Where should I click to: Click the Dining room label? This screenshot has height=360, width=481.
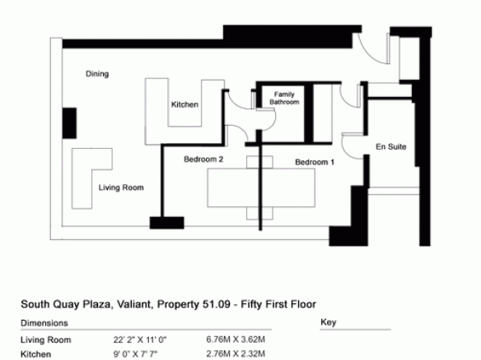pyautogui.click(x=97, y=74)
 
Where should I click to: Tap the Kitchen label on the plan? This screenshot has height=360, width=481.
pyautogui.click(x=184, y=104)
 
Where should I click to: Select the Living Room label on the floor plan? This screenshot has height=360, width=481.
pyautogui.click(x=121, y=187)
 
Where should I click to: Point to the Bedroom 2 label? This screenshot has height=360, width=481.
pyautogui.click(x=203, y=159)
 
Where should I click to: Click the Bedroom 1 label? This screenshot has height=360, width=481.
pyautogui.click(x=315, y=162)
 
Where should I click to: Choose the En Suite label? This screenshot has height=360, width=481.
pyautogui.click(x=391, y=146)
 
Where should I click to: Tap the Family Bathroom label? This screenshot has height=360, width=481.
pyautogui.click(x=284, y=98)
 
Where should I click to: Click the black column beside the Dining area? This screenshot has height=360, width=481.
pyautogui.click(x=69, y=123)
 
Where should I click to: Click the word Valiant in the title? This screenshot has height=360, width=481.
pyautogui.click(x=134, y=305)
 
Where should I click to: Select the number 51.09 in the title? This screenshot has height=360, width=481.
pyautogui.click(x=217, y=305)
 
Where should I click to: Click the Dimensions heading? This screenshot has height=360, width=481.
pyautogui.click(x=44, y=323)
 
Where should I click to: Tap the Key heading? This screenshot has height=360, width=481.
pyautogui.click(x=329, y=322)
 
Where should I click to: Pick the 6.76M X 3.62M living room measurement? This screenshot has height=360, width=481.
pyautogui.click(x=236, y=339)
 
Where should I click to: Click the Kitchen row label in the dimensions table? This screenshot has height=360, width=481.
pyautogui.click(x=35, y=354)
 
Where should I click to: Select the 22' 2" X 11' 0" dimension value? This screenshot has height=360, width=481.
pyautogui.click(x=140, y=339)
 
